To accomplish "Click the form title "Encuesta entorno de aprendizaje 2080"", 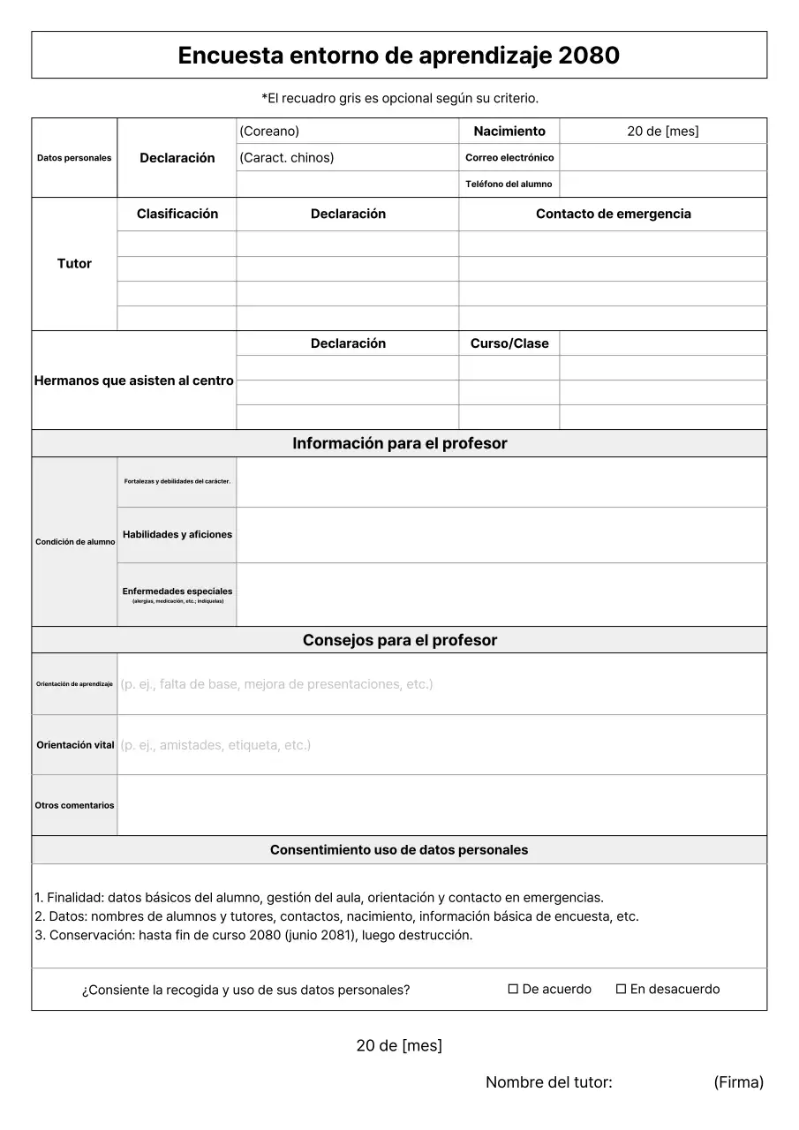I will coord(398,56).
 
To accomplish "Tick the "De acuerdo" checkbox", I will coord(513,989).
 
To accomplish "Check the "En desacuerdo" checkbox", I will coord(621,989).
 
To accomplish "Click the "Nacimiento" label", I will coord(509,131).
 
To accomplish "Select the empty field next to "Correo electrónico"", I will coord(662,157).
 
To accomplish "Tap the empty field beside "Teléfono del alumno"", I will coord(662,184).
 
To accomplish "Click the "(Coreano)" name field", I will coord(347,131).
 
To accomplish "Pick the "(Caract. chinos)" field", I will coord(347,157).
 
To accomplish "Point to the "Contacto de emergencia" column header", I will coord(613,214).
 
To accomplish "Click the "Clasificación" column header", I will coord(177,214).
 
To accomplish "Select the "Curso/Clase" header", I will coord(509,343).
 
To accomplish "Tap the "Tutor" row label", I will coord(74,263).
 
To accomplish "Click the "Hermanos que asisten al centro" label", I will coord(133,380).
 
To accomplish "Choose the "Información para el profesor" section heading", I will coord(399,443).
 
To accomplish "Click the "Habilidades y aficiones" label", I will coord(177,534).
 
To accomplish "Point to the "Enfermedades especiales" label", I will coord(177,591).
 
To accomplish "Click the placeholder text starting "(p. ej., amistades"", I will coord(215,745).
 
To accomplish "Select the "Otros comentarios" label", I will coord(74,805).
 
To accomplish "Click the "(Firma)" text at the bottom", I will coord(738,1082).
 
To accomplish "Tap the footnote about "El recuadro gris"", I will coord(399,98).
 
